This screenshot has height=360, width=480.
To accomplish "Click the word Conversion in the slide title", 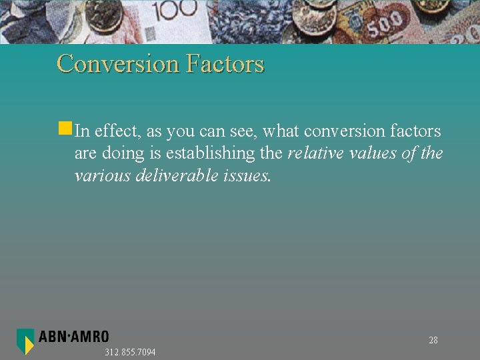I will click(x=118, y=64).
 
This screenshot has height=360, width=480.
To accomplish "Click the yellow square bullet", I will click(x=65, y=127).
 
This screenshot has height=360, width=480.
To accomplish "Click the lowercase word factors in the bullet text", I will click(x=415, y=131).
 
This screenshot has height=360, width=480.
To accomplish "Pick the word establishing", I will click(x=211, y=153).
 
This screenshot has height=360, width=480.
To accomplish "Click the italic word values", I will click(x=373, y=153).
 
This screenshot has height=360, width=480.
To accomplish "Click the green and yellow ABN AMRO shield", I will click(x=25, y=341).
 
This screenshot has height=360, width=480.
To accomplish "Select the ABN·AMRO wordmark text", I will click(x=73, y=337).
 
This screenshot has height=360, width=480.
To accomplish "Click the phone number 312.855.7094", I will click(x=130, y=352).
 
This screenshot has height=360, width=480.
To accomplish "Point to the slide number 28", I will click(x=433, y=341).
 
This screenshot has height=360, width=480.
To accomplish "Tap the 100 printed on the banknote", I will click(x=176, y=9).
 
